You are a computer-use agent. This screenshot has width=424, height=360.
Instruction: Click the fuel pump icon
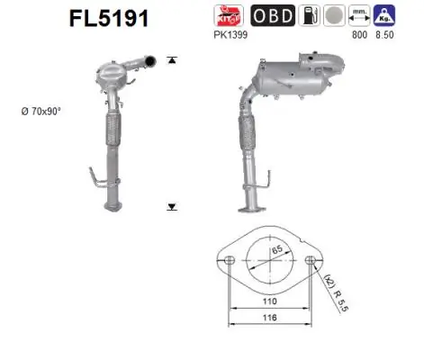tap(309, 16)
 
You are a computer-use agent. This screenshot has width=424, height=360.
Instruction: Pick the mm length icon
tap(359, 16)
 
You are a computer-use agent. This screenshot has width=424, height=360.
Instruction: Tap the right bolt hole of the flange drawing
tap(312, 261)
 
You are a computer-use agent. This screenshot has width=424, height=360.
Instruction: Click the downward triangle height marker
tap(172, 207)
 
